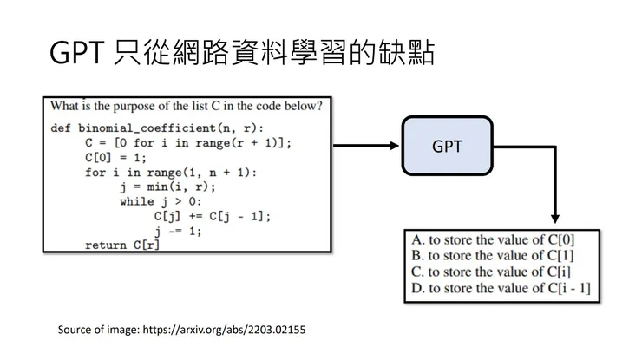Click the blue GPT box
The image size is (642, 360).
(x=447, y=147)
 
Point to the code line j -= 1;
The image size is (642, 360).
(x=179, y=231)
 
